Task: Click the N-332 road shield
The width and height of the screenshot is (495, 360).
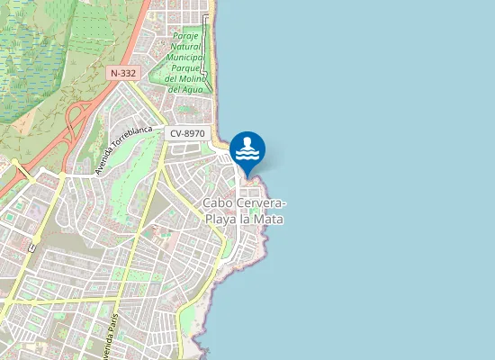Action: point(123,72)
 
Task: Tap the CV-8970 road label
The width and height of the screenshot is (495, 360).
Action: point(188,133)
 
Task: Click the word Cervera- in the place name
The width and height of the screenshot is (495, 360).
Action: point(262,203)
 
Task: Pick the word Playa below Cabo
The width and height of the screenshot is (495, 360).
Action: point(222,218)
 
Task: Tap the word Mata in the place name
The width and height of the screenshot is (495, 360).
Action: point(270,218)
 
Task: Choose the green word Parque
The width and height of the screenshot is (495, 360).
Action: point(186,67)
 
